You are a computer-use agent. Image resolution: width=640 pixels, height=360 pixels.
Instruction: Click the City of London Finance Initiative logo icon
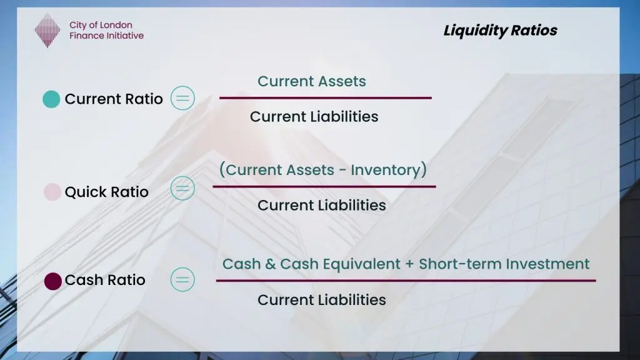click(x=47, y=31)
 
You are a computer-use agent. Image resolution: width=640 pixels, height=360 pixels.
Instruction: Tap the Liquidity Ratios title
click(x=500, y=31)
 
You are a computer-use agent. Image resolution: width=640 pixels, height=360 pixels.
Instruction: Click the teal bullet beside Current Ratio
click(x=51, y=99)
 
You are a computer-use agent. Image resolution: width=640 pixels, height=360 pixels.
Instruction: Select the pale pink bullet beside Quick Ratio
click(x=52, y=192)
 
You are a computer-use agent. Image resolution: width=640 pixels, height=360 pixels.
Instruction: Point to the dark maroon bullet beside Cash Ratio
click(x=53, y=281)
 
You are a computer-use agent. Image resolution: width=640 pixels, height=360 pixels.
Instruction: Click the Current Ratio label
click(x=114, y=99)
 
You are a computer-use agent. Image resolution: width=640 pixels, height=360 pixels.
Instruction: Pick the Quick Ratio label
click(x=107, y=192)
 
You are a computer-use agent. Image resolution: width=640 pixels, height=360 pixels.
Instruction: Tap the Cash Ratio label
click(x=105, y=280)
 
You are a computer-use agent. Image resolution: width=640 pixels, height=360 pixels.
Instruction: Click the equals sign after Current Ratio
click(x=182, y=98)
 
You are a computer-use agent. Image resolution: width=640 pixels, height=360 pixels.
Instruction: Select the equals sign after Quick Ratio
click(x=182, y=188)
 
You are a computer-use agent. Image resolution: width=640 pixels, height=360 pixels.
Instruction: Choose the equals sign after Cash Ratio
click(x=182, y=279)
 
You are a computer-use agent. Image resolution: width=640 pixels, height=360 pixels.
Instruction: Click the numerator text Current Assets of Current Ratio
click(x=312, y=81)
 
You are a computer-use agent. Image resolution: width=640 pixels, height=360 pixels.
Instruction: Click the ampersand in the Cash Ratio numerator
click(x=270, y=264)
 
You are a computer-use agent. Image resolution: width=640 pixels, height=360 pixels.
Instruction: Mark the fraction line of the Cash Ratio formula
click(x=406, y=281)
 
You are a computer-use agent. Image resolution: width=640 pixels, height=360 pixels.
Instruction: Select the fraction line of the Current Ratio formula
click(x=325, y=97)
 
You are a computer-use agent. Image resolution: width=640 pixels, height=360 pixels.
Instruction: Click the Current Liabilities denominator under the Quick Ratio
click(x=322, y=205)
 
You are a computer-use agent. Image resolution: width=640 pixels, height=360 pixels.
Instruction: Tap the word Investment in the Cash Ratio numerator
click(x=547, y=264)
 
